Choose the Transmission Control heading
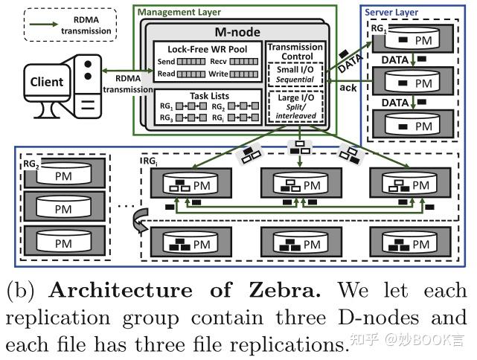[295, 51]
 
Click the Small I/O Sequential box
[295, 74]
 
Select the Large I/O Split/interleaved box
[295, 108]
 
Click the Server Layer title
[391, 13]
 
